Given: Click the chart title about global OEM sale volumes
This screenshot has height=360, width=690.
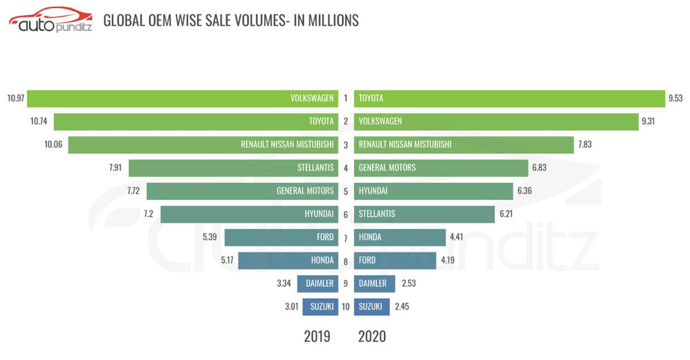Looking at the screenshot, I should (230, 21).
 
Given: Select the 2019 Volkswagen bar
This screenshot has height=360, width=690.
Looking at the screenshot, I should (182, 98).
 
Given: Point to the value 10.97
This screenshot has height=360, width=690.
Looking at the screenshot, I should (16, 98).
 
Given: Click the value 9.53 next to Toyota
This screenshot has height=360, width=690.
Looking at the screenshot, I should (675, 98).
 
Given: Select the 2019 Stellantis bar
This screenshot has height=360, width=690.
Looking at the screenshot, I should (233, 168).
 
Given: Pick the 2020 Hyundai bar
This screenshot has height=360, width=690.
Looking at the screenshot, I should (432, 191).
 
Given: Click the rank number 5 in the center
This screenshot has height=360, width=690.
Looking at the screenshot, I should (346, 191).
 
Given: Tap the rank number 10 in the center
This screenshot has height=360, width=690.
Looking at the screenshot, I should (345, 306).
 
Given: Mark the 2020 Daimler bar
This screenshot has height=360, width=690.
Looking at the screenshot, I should (375, 283).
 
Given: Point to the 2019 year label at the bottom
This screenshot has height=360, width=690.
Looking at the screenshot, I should (317, 337).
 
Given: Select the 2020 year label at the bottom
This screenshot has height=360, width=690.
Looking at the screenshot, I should (372, 337).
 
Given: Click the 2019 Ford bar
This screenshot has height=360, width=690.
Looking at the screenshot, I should (281, 237).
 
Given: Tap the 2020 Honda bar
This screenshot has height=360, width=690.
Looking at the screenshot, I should (400, 237).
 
